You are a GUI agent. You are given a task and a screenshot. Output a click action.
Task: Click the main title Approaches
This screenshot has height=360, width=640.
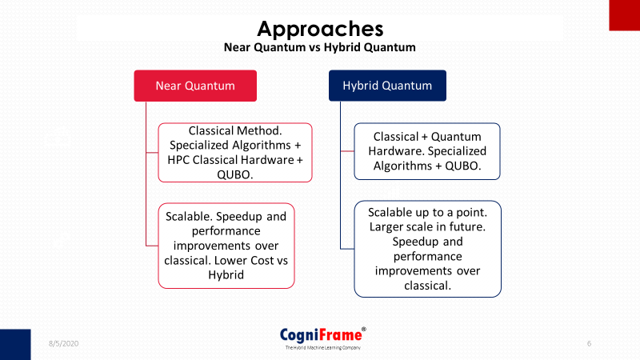tap(320, 29)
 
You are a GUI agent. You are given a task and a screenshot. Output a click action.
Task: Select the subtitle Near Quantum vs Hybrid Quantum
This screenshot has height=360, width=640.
tap(319, 47)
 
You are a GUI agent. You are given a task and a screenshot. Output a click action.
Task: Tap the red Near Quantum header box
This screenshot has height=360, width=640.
tap(195, 86)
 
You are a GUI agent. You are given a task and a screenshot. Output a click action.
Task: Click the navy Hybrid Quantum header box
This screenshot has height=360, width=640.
tap(387, 86)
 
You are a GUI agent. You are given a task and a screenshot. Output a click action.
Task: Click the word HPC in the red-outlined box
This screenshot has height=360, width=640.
tap(178, 160)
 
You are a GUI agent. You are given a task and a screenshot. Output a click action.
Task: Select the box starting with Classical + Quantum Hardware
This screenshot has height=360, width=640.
tap(427, 151)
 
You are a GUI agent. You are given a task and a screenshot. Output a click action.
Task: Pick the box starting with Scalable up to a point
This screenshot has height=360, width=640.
tap(427, 249)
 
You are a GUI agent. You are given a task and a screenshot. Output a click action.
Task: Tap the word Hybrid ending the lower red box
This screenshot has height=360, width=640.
tap(226, 275)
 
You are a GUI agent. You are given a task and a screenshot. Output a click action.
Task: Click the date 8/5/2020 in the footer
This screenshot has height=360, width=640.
tap(64, 344)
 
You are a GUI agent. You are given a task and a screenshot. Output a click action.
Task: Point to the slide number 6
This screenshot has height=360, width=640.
tap(589, 344)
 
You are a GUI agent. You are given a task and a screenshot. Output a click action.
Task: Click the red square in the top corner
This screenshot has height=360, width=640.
tap(625, 15)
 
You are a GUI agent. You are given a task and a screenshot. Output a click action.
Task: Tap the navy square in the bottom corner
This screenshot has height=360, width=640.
tap(15, 345)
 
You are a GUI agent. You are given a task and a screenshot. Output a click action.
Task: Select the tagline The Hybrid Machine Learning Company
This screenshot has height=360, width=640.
tap(322, 348)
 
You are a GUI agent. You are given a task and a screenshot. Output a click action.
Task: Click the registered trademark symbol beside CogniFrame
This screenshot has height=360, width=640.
tap(364, 329)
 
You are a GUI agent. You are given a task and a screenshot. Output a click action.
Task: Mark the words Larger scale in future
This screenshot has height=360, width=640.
tap(427, 227)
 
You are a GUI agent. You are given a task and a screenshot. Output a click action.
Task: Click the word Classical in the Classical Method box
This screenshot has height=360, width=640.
tap(210, 130)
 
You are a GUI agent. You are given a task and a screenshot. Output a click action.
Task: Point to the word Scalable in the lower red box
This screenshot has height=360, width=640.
tap(189, 216)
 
